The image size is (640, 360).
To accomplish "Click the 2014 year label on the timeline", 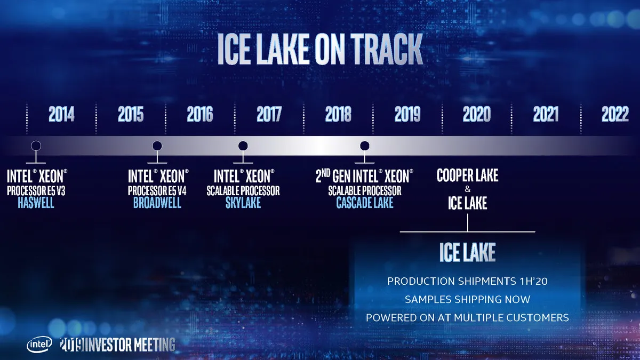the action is [61, 114].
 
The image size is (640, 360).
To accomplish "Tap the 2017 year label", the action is [269, 114].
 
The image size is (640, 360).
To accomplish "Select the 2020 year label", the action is [477, 114].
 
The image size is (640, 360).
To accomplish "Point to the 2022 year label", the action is [615, 114].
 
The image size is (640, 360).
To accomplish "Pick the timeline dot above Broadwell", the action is [157, 146].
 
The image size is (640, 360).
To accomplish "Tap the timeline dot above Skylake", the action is [243, 146].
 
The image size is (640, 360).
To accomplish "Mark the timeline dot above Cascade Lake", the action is [365, 146].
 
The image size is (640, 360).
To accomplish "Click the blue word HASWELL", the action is [36, 203].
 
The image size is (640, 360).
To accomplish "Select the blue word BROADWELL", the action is [157, 203].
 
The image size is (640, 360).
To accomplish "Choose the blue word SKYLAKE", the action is [243, 203].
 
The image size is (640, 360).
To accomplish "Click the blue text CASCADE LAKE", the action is [365, 203].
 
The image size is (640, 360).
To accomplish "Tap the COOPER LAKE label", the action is [467, 175].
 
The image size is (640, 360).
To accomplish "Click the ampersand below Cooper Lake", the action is [467, 189].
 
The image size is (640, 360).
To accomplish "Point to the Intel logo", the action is [39, 345].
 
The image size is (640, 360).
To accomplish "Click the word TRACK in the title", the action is [387, 49].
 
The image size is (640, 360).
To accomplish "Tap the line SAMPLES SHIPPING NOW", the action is [467, 299].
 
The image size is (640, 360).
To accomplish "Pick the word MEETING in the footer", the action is [155, 345].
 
